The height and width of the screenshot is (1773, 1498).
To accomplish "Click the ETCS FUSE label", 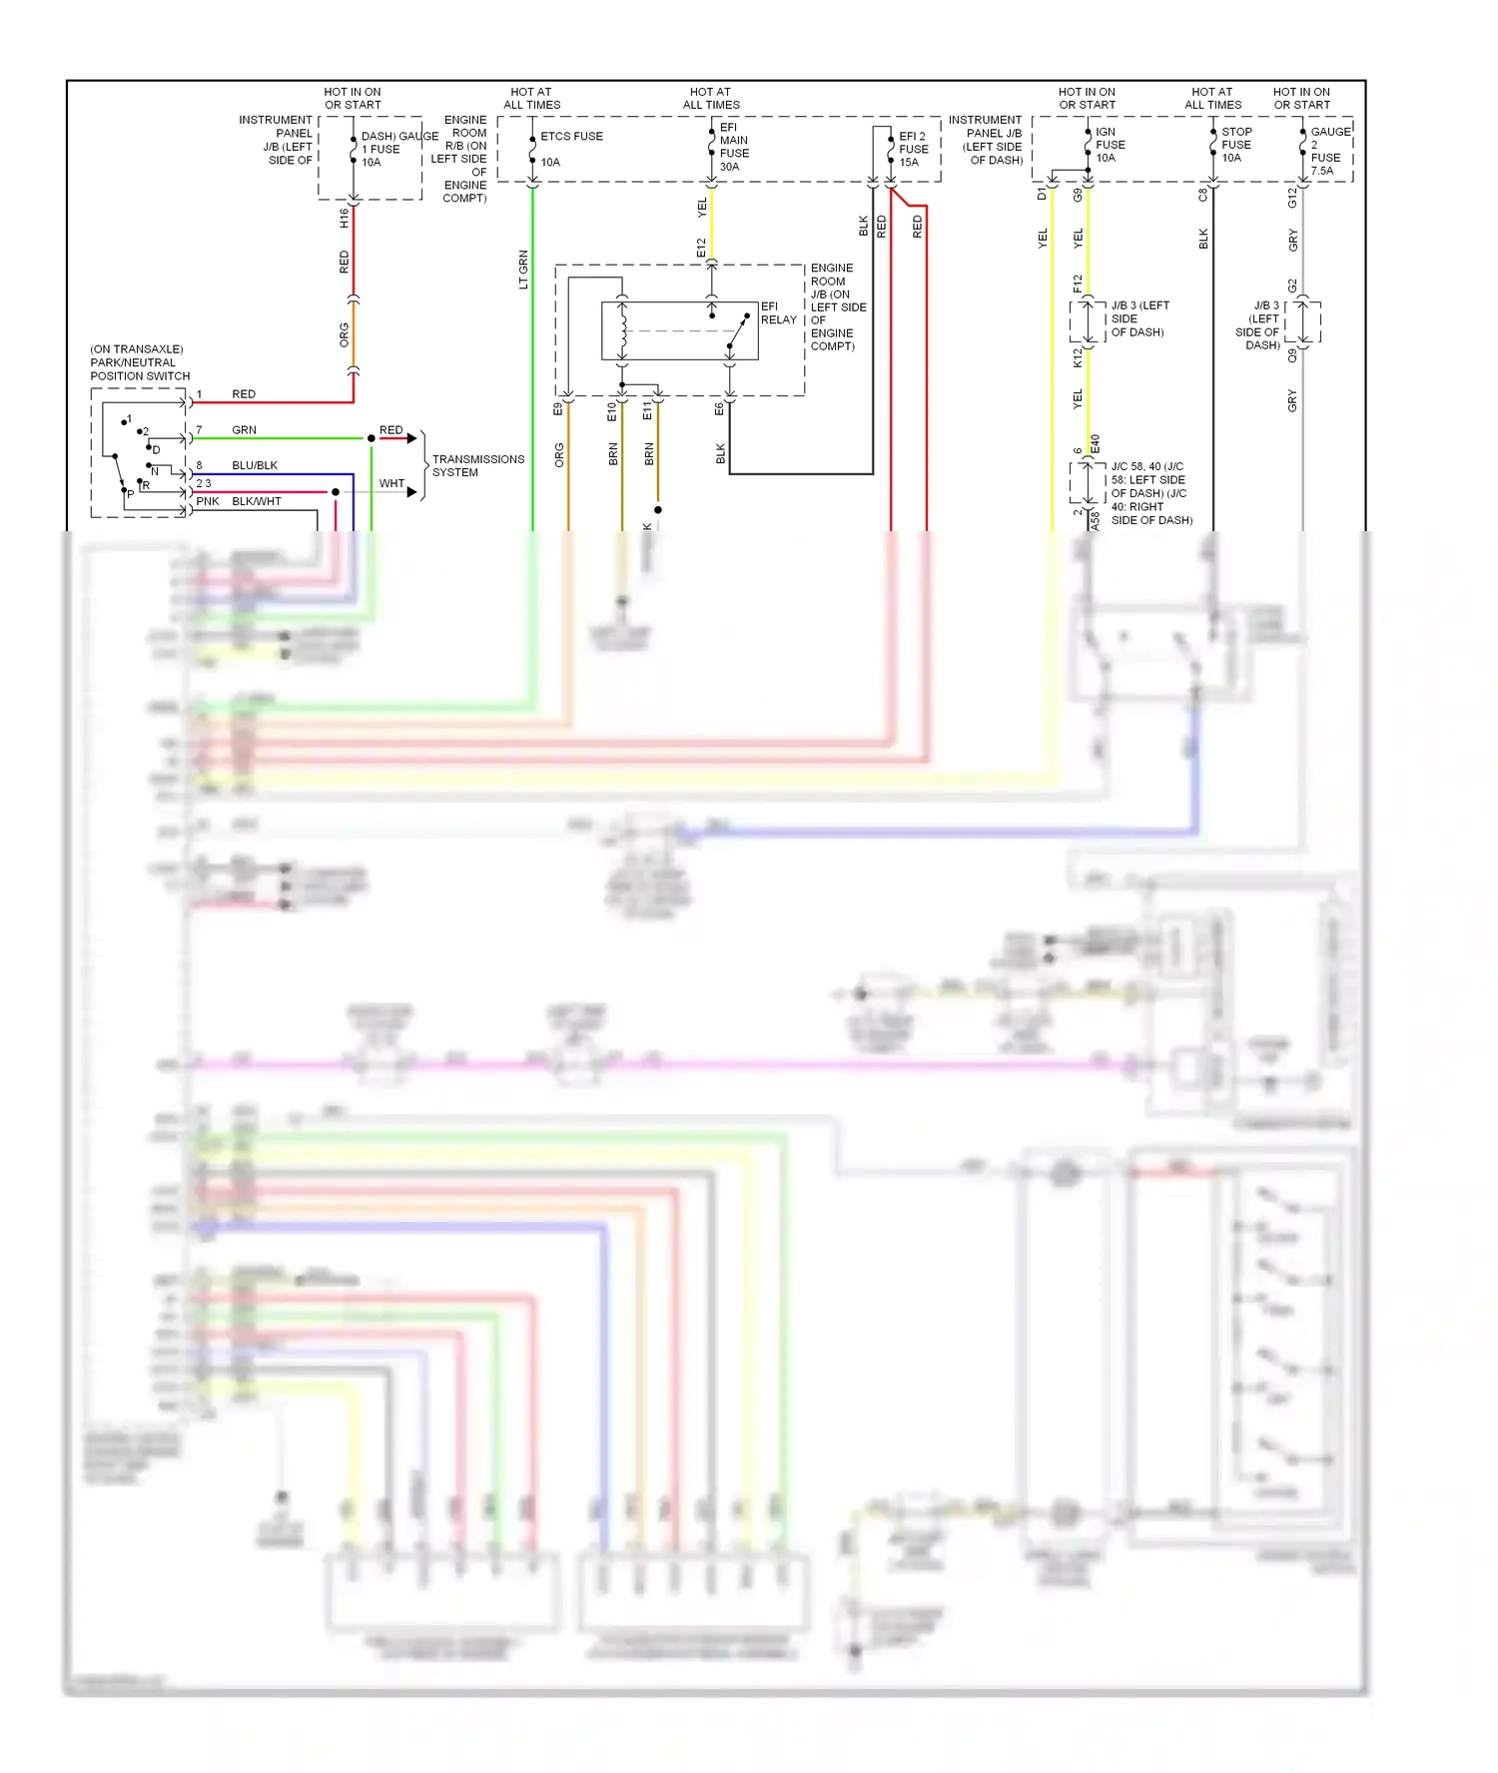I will click(571, 137).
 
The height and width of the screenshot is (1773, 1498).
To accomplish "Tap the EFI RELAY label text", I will click(778, 313).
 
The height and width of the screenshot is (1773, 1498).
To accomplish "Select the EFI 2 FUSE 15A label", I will click(913, 149).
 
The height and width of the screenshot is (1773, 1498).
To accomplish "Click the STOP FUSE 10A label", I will click(1235, 145).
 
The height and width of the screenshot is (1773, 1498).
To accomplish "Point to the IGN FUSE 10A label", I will click(1110, 145).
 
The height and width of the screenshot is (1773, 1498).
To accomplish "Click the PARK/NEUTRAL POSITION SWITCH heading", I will click(139, 363).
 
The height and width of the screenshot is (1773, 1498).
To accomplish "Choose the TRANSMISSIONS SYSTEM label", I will click(477, 466).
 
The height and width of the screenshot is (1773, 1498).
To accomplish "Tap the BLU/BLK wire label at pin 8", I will click(255, 466).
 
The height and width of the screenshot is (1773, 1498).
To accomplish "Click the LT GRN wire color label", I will click(523, 270).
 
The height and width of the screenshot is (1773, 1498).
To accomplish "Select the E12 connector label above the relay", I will click(701, 248).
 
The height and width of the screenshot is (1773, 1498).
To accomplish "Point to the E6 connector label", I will click(719, 409).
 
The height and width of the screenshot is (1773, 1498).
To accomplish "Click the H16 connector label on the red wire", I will click(345, 218).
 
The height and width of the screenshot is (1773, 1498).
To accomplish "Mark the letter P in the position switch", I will click(131, 494).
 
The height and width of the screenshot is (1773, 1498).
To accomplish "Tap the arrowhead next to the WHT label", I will click(411, 491).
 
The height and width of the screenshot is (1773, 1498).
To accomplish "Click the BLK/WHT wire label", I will click(257, 502).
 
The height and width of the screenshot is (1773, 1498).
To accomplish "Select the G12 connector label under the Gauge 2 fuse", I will click(1292, 198).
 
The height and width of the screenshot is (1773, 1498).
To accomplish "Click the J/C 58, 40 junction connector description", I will click(1150, 493).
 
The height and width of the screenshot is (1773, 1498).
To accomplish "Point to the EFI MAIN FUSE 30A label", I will click(733, 147).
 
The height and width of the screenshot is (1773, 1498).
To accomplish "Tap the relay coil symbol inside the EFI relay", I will click(623, 330).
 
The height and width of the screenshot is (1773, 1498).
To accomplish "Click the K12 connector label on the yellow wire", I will click(1078, 357).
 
